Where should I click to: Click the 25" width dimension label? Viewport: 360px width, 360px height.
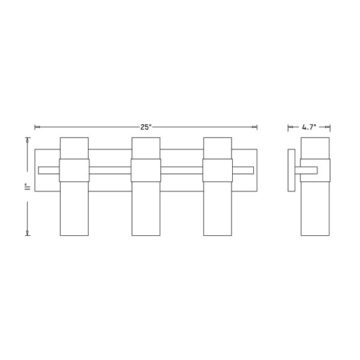tap(146, 127)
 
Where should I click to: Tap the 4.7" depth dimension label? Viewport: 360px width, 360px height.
tap(309, 127)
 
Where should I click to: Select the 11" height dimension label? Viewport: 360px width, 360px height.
tap(28, 187)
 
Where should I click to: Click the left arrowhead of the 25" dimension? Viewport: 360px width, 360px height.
tap(37, 127)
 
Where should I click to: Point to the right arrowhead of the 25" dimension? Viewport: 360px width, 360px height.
tap(254, 127)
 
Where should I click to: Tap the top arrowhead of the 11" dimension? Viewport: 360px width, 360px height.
tap(28, 140)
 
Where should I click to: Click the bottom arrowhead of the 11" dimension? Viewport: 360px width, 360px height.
tap(28, 233)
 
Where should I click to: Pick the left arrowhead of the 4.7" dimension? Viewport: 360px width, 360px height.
tap(290, 127)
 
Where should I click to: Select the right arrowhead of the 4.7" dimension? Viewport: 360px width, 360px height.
tap(328, 127)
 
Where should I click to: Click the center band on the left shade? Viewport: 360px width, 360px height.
tap(74, 170)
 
